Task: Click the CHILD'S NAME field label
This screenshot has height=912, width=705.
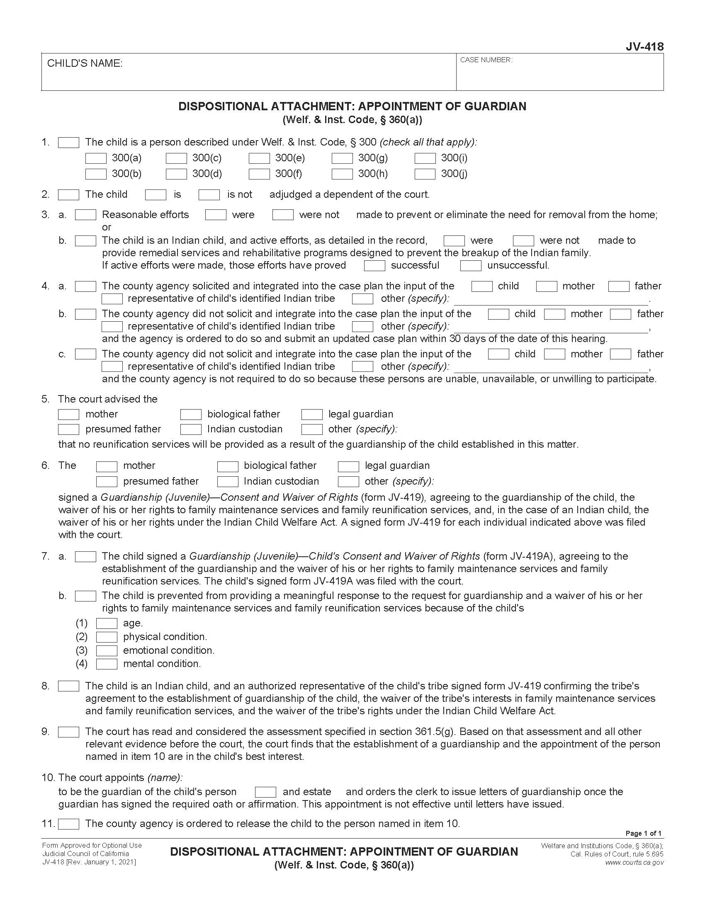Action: pos(85,63)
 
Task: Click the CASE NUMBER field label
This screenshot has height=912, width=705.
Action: pos(486,60)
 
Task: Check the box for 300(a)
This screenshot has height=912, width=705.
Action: pos(96,158)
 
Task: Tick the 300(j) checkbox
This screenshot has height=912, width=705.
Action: pos(425,174)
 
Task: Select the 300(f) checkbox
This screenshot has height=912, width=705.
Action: pos(259,174)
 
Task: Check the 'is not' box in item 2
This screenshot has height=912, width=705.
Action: pos(209,194)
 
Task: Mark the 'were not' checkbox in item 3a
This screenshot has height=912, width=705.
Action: pos(283,215)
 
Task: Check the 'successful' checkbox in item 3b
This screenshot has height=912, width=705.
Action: pos(374,266)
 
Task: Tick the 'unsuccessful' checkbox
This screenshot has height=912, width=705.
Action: pos(471,266)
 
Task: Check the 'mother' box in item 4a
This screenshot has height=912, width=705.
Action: pos(546,286)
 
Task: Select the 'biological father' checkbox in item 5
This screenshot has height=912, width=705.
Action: pos(191,414)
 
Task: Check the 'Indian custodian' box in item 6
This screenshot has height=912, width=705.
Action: pos(228,481)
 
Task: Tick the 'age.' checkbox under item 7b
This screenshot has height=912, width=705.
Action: pos(107,623)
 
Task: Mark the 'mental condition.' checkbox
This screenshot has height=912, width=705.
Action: pos(107,664)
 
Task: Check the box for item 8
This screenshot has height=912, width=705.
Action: pos(68,686)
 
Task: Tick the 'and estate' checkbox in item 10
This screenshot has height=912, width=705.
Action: pos(265,792)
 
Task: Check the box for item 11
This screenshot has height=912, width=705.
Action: pos(68,824)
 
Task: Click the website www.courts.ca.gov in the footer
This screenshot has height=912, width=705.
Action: pos(634,862)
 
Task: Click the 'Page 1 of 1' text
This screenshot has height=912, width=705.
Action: pos(643,833)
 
